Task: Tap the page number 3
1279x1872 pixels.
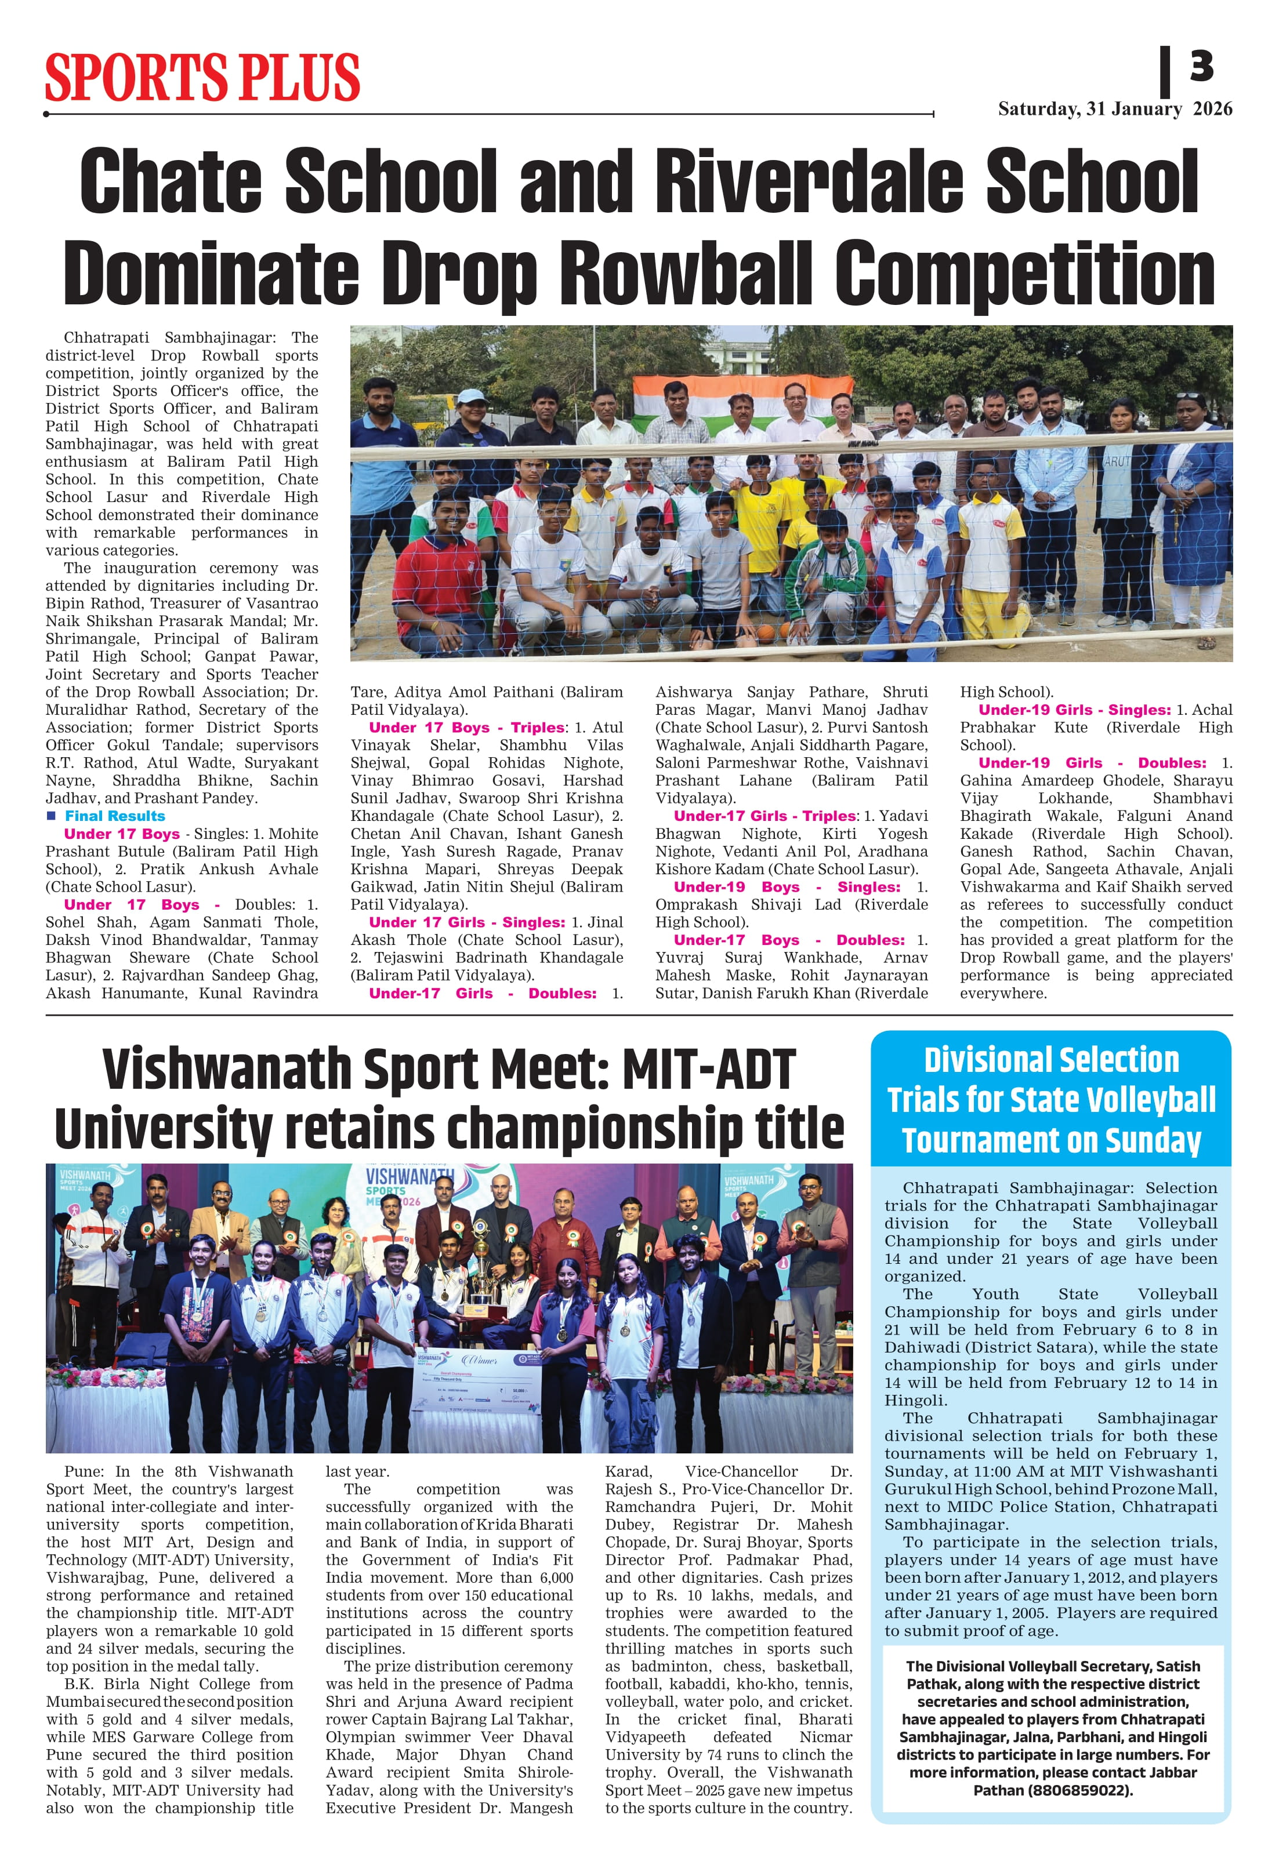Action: click(x=1201, y=66)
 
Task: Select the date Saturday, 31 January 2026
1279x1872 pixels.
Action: click(x=1115, y=110)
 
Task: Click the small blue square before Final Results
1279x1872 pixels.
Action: click(x=52, y=816)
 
